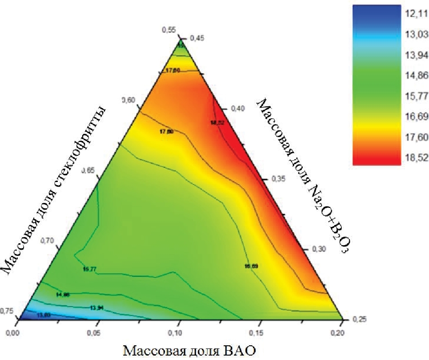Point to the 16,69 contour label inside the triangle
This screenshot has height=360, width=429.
tap(251, 266)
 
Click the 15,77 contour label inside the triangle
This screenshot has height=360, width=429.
tap(89, 269)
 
